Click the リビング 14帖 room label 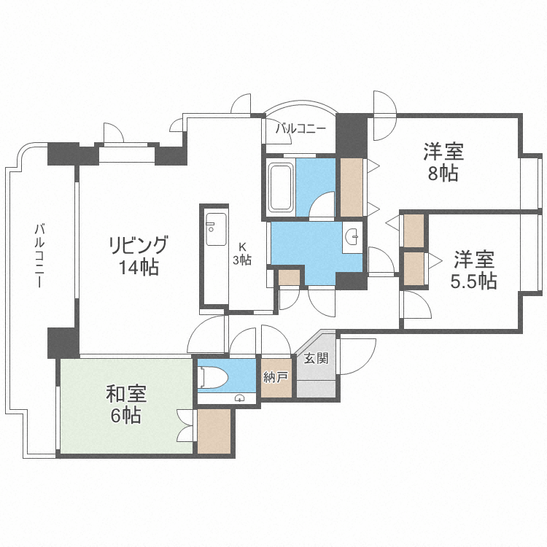click(139, 255)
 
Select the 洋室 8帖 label click(443, 163)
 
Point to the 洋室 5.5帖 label click(473, 271)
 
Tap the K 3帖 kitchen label click(242, 253)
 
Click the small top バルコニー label click(300, 129)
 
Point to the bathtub click(282, 187)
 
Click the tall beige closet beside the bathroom click(352, 187)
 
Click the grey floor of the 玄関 click(314, 380)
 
